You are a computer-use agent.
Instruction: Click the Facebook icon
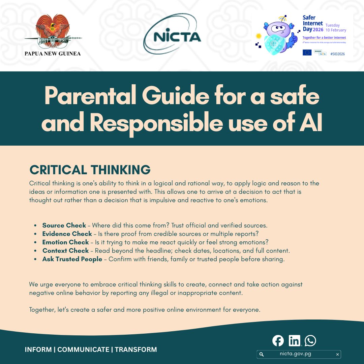point(278,341)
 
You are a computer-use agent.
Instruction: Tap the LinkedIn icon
point(294,341)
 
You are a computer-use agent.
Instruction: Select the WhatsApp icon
point(310,341)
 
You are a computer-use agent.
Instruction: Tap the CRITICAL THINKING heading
point(90,170)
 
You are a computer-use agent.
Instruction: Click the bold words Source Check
point(64,225)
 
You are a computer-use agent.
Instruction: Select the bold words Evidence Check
point(67,234)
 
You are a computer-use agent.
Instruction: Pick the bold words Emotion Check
point(65,242)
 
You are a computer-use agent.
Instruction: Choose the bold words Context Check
point(65,251)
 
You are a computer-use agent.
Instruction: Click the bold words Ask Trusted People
point(72,259)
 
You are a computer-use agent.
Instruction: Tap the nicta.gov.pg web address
point(295,354)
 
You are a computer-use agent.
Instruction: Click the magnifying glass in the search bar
point(262,354)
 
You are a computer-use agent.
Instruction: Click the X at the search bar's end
point(337,354)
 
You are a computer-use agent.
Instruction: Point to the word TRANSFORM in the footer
point(136,350)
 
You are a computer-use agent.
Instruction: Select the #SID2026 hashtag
point(337,54)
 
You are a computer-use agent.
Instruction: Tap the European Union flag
point(307,52)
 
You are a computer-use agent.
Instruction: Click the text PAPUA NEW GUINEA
point(53,53)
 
